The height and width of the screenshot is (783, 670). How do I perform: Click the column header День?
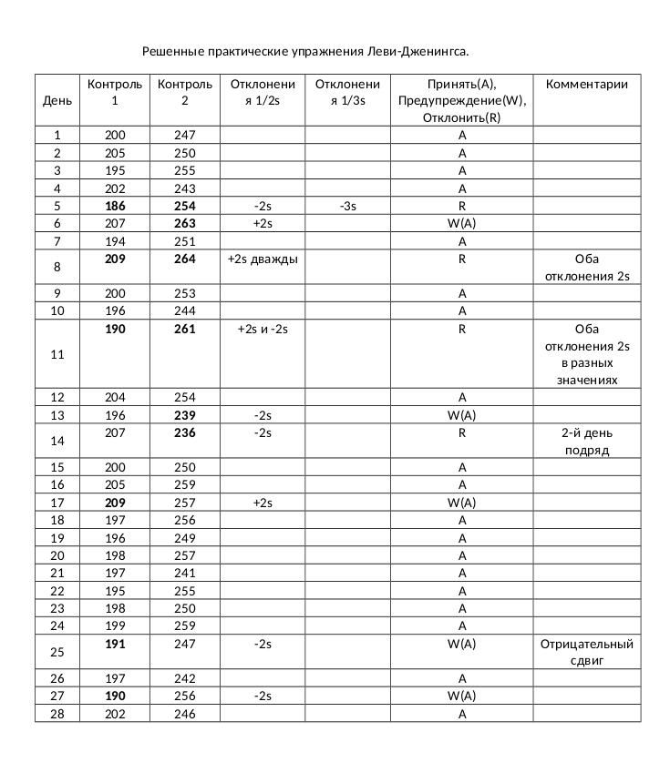coord(57,100)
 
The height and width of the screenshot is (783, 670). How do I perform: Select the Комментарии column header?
coord(587,84)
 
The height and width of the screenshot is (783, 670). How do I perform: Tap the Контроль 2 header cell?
coord(185,92)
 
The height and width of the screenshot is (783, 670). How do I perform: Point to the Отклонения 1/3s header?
coord(347,92)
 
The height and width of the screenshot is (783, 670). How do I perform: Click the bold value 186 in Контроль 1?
coord(115,206)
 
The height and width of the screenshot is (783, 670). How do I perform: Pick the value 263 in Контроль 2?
coord(185,223)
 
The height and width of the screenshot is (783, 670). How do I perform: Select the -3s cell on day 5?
coord(347,206)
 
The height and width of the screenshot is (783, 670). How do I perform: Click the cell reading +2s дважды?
coord(263,259)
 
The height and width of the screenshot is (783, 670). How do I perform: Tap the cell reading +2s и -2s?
coord(263,329)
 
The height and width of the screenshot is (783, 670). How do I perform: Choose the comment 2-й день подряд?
coord(587,442)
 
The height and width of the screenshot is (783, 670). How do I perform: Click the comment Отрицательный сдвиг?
coord(587,652)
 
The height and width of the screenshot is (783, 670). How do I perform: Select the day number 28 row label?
coord(57,714)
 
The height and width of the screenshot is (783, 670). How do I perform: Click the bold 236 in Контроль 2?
coord(185,433)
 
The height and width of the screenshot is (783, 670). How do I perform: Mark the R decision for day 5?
coord(462,206)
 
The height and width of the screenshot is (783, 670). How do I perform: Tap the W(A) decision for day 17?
coord(462,503)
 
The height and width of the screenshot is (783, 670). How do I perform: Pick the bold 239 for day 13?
coord(185,415)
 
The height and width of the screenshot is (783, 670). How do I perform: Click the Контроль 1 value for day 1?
coord(115,135)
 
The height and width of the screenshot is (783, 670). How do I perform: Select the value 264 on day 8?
coord(185,259)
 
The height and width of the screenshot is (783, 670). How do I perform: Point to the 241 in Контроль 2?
coord(185,573)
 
